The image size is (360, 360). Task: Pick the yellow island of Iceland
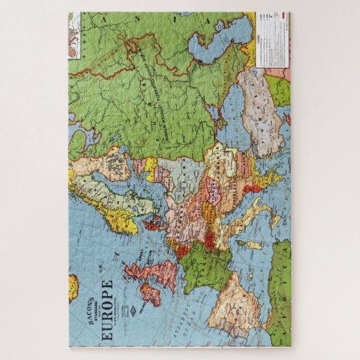73,286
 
